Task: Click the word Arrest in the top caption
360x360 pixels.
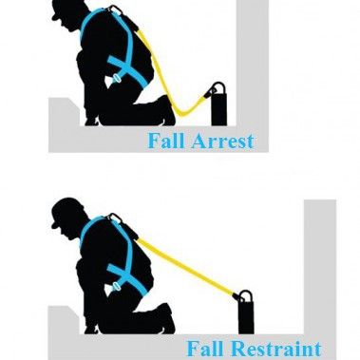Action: [221, 142]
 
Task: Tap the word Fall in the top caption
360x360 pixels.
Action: [166, 142]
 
